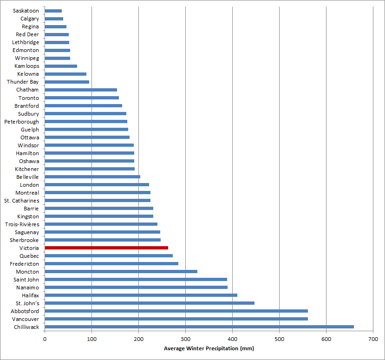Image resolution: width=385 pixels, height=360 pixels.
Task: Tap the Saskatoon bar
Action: [x=53, y=11]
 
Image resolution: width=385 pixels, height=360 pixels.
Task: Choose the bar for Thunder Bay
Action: [x=67, y=82]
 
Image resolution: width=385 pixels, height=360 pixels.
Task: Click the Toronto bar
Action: [x=82, y=98]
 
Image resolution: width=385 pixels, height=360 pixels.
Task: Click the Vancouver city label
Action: [x=26, y=319]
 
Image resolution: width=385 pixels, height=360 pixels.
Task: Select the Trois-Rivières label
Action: [x=22, y=224]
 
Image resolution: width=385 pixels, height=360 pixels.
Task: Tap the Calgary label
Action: [x=30, y=19]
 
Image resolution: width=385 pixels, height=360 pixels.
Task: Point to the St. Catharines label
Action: [x=22, y=201]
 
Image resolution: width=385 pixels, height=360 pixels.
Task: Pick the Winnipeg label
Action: [x=27, y=58]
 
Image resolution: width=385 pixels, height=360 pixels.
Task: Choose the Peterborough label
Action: [x=22, y=122]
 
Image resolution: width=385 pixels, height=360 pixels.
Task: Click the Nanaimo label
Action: [x=27, y=288]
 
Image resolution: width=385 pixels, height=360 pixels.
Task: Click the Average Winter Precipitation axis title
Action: [x=209, y=348]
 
